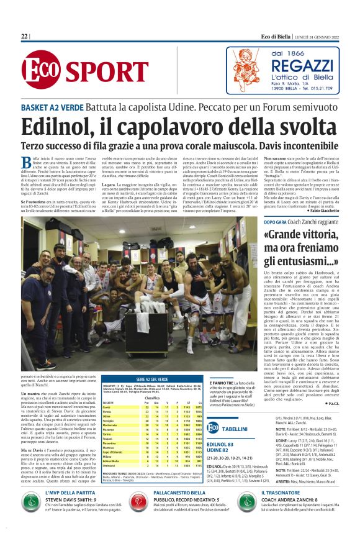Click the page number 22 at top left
[24, 37]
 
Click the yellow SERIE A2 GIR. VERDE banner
[154, 361]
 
